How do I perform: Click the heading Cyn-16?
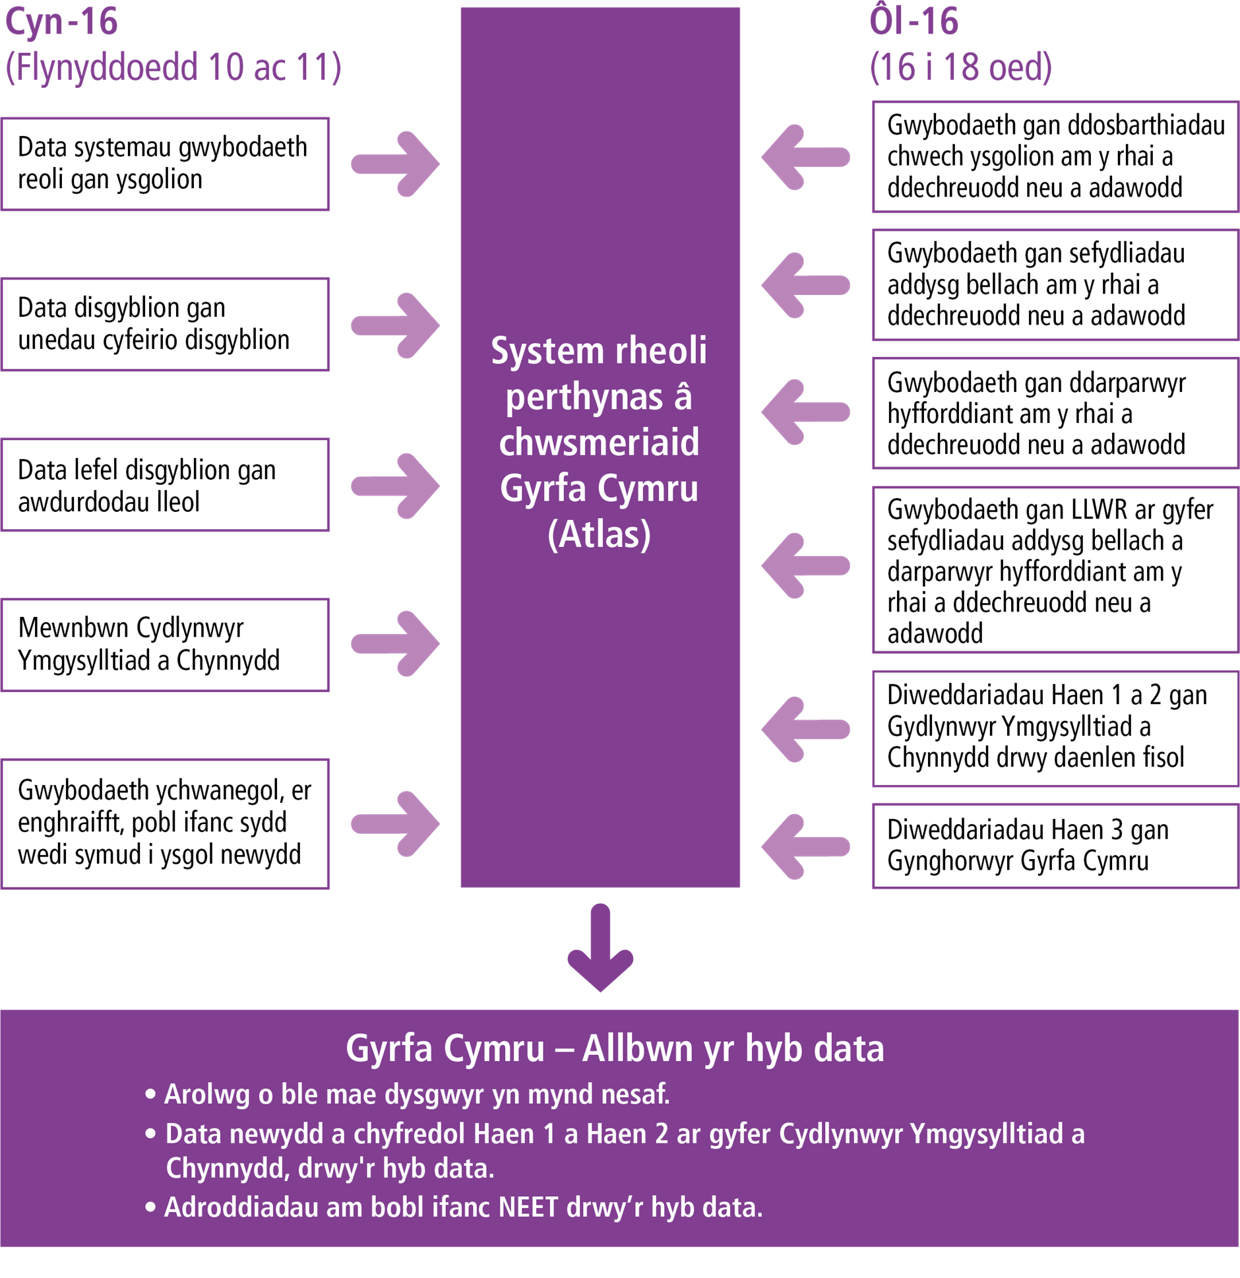[61, 21]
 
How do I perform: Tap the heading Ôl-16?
[914, 21]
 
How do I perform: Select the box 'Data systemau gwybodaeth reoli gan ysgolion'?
[165, 164]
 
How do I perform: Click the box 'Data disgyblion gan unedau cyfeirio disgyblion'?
[165, 325]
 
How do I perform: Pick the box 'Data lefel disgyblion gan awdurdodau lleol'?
[165, 485]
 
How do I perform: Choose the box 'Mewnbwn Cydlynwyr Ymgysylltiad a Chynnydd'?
[165, 645]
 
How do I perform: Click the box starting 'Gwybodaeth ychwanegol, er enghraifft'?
[165, 823]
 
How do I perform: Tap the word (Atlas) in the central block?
[599, 534]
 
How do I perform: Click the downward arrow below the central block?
[600, 949]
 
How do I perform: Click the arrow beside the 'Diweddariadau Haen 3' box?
[806, 847]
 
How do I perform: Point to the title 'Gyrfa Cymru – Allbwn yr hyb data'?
[615, 1049]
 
